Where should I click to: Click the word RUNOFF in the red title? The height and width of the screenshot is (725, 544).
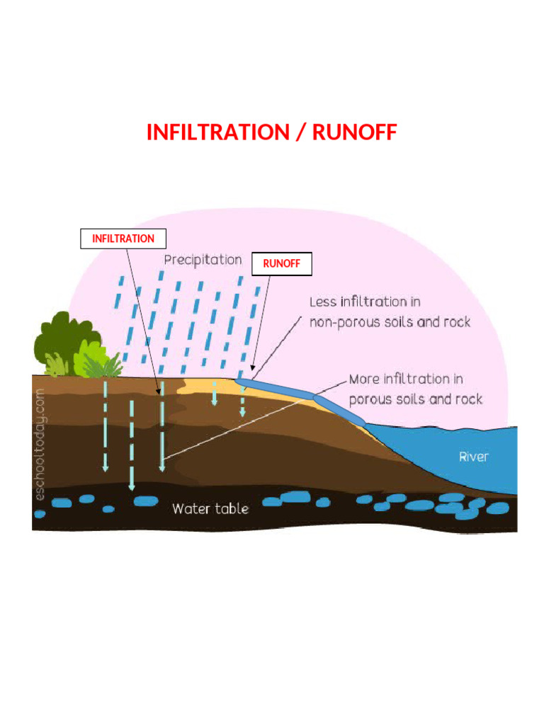click(x=355, y=132)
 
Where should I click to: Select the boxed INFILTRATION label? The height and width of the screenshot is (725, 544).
click(x=123, y=239)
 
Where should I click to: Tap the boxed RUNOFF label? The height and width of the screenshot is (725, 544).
click(x=282, y=264)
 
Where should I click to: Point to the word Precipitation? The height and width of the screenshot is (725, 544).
click(x=203, y=260)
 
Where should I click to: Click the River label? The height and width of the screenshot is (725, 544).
click(x=473, y=457)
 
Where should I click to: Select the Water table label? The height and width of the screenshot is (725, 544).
click(x=210, y=508)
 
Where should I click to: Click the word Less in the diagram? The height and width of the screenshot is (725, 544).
click(x=323, y=302)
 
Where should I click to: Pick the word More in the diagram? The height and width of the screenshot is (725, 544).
click(x=364, y=379)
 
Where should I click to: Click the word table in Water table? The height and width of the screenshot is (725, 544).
click(x=231, y=508)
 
